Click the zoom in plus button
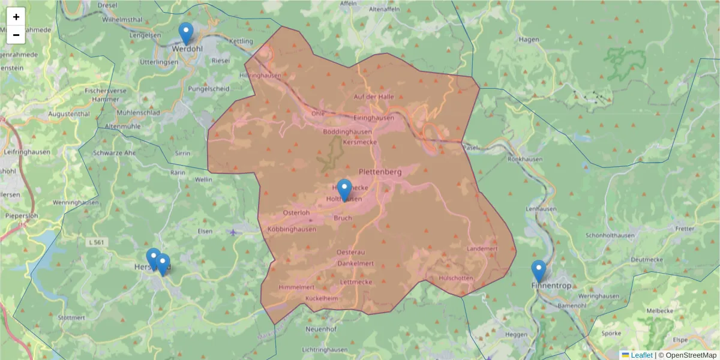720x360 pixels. pyautogui.click(x=16, y=17)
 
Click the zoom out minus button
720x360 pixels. pyautogui.click(x=16, y=35)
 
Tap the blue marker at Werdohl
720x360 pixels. pyautogui.click(x=186, y=33)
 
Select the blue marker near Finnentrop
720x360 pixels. pyautogui.click(x=539, y=271)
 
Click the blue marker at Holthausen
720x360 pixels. pyautogui.click(x=344, y=190)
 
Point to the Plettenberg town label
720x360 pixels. pyautogui.click(x=380, y=172)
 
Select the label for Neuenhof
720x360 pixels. pyautogui.click(x=322, y=329)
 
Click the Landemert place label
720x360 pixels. pyautogui.click(x=482, y=249)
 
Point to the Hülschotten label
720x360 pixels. pyautogui.click(x=456, y=278)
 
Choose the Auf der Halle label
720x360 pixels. pyautogui.click(x=374, y=97)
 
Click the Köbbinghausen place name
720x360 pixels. pyautogui.click(x=292, y=230)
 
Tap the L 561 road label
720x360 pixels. pyautogui.click(x=95, y=242)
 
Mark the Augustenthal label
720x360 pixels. pyautogui.click(x=68, y=113)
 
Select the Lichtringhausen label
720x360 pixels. pyautogui.click(x=325, y=350)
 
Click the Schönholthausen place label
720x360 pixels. pyautogui.click(x=609, y=236)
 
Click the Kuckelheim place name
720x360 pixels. pyautogui.click(x=322, y=298)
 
